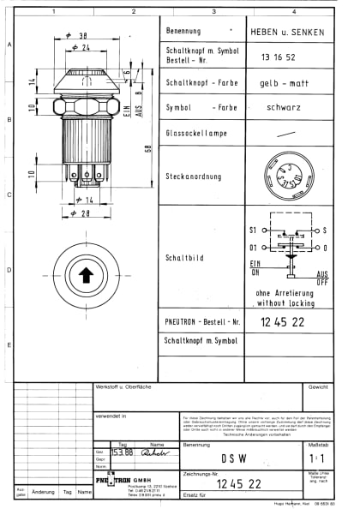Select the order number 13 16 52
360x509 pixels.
click(273, 57)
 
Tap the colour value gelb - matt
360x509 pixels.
click(284, 83)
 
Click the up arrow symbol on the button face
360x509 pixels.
click(86, 275)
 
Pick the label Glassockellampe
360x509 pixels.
click(196, 134)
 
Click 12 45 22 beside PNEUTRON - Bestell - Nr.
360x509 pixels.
click(283, 321)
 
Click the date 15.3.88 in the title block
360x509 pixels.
click(122, 452)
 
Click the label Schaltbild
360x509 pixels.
click(183, 257)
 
